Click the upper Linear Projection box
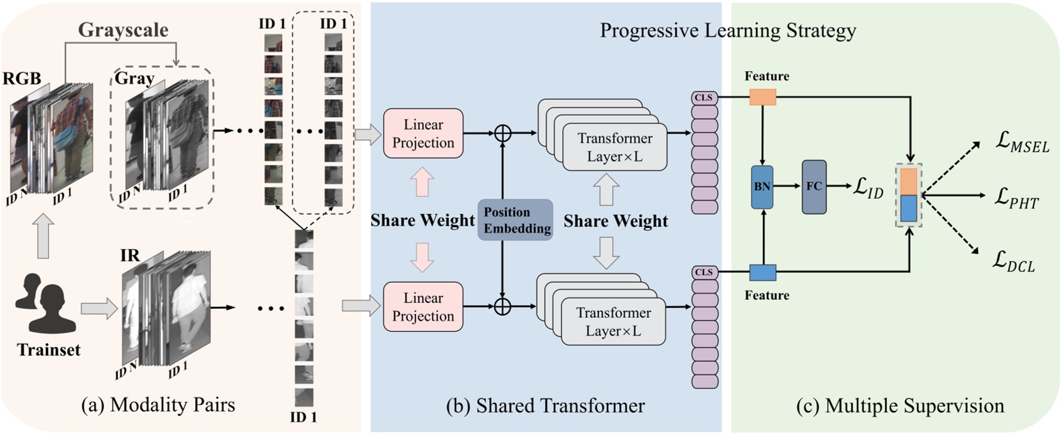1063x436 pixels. [423, 134]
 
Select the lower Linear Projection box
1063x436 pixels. [423, 307]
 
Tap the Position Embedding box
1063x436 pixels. [516, 220]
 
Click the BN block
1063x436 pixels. [762, 187]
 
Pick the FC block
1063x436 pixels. [814, 187]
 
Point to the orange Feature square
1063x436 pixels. [762, 97]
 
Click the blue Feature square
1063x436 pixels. [762, 273]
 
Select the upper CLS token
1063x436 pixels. [704, 98]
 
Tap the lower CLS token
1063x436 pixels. [704, 272]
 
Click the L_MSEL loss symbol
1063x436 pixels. [1022, 142]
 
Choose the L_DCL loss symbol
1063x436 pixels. [1014, 261]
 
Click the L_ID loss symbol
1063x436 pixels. [868, 188]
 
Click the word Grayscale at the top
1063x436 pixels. [123, 29]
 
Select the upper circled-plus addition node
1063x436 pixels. [503, 133]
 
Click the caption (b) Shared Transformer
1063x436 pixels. [545, 405]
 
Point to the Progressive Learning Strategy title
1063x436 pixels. [727, 30]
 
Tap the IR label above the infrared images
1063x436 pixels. [130, 256]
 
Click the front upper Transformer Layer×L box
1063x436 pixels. [615, 148]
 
